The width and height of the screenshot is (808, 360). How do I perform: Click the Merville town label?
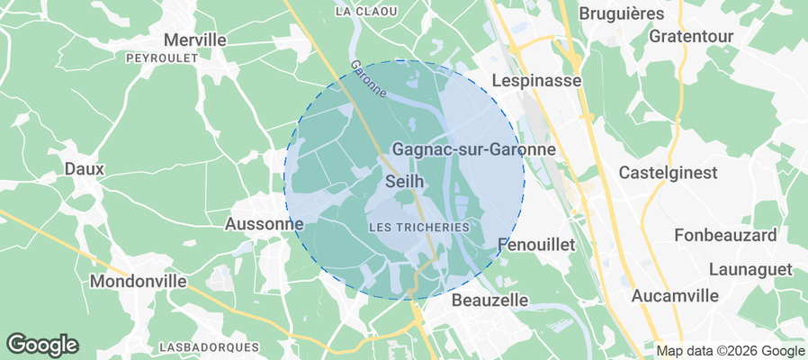[195, 40]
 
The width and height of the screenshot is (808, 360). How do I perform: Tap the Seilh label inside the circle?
[405, 181]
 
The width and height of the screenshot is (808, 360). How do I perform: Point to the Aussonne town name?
[264, 223]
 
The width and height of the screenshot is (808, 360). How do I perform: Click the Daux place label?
[85, 168]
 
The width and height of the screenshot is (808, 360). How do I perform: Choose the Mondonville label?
[139, 281]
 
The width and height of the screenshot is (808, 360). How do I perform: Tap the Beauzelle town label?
[489, 299]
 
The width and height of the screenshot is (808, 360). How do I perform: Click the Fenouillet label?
[535, 245]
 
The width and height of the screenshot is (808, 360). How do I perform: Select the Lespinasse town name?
[537, 81]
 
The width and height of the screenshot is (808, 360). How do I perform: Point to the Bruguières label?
[622, 13]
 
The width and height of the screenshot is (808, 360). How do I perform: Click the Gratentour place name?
[691, 37]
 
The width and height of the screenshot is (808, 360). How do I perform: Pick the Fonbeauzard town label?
[725, 235]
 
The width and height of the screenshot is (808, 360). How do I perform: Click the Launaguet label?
[750, 269]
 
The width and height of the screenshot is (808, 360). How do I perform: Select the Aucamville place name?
[675, 295]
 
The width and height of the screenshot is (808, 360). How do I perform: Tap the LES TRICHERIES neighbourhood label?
[420, 228]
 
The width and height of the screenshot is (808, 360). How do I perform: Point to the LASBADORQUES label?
[208, 346]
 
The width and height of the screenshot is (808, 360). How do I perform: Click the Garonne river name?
[369, 79]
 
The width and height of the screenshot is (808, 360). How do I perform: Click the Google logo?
[42, 344]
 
